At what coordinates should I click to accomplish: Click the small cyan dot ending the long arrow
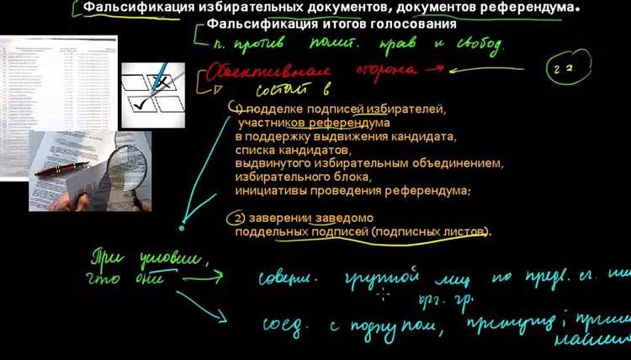182,227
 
